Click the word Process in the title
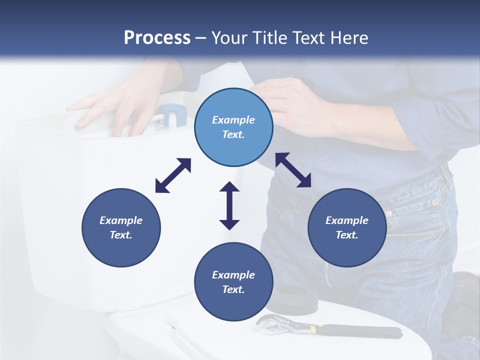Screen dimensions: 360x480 (157, 37)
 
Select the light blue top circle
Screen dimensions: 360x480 (233, 127)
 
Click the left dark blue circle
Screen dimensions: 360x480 (121, 227)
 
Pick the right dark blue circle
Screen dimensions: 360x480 (347, 227)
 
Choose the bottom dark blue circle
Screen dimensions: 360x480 (233, 282)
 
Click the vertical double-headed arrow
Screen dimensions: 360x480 (229, 206)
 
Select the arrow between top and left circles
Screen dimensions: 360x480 (173, 175)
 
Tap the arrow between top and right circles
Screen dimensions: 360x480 (293, 170)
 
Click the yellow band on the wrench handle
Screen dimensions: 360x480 (313, 329)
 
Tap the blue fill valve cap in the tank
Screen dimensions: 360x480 (172, 115)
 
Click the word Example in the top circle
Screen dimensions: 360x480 (233, 120)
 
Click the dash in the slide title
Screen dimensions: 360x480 (200, 38)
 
